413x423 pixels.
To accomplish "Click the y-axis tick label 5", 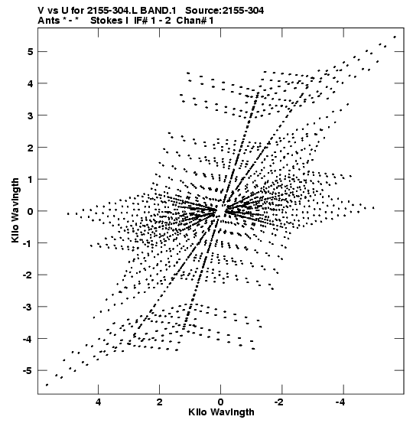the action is click(30, 51).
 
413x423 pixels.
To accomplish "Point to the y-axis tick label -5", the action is click(28, 370).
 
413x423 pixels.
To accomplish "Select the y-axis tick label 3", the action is click(30, 116).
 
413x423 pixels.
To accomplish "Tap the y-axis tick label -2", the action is click(28, 275).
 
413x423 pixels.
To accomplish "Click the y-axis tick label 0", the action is click(30, 211).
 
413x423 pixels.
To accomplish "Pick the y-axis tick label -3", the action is click(28, 307).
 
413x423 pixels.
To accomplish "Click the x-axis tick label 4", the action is click(98, 402).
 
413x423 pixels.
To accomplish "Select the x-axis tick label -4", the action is click(340, 402).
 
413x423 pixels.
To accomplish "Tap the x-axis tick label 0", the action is click(221, 402).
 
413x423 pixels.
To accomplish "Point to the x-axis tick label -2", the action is click(279, 402).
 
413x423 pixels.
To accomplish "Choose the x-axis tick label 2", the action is click(159, 402).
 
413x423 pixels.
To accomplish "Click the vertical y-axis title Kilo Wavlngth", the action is click(15, 210).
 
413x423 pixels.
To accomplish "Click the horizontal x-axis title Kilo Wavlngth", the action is click(221, 412).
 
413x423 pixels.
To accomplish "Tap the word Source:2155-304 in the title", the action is click(225, 11).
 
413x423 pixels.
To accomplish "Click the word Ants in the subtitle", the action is click(49, 21).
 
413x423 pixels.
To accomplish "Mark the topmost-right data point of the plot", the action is click(395, 37).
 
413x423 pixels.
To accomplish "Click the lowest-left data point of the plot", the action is click(47, 385).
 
